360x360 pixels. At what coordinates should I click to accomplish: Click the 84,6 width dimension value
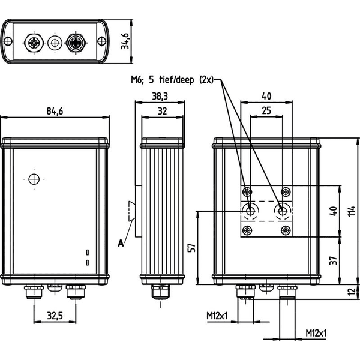coord(55,111)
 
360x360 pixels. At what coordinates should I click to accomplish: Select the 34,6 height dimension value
coord(125,41)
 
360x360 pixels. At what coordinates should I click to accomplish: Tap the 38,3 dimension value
coord(160,97)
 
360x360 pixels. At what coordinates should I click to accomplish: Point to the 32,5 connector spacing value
coord(55,316)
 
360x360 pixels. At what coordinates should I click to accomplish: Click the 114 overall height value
coord(352,211)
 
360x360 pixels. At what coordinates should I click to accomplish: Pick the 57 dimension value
coord(192,247)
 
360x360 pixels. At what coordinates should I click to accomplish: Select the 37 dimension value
coord(334,260)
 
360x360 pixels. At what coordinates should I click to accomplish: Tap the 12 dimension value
coord(352,292)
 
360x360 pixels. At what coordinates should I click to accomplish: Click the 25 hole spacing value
coord(266,110)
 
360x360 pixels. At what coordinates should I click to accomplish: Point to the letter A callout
coord(121,242)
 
